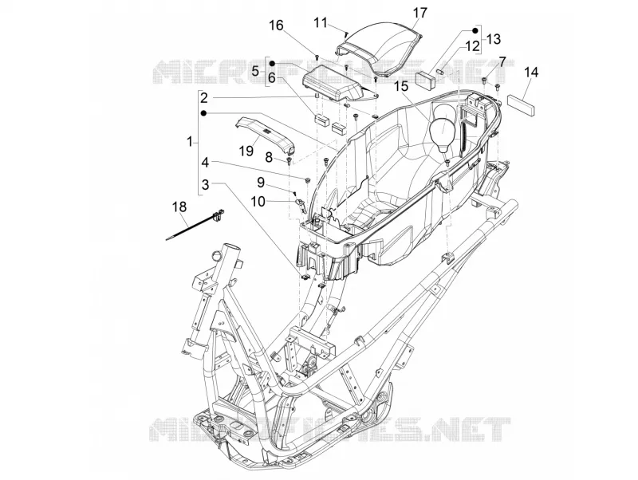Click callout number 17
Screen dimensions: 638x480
pyautogui.click(x=420, y=13)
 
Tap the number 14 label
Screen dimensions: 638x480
pyautogui.click(x=531, y=73)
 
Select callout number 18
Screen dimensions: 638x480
pyautogui.click(x=179, y=207)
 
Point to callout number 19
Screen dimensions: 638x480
pyautogui.click(x=246, y=151)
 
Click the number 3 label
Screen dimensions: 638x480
pyautogui.click(x=206, y=185)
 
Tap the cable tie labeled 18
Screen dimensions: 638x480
pyautogui.click(x=195, y=226)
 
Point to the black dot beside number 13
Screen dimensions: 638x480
pyautogui.click(x=475, y=30)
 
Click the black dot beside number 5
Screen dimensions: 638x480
pyautogui.click(x=273, y=64)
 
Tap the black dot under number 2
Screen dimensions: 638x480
pyautogui.click(x=204, y=113)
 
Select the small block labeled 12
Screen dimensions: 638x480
pyautogui.click(x=426, y=79)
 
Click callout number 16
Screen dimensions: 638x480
pyautogui.click(x=275, y=26)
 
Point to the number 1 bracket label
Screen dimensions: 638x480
pyautogui.click(x=190, y=142)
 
